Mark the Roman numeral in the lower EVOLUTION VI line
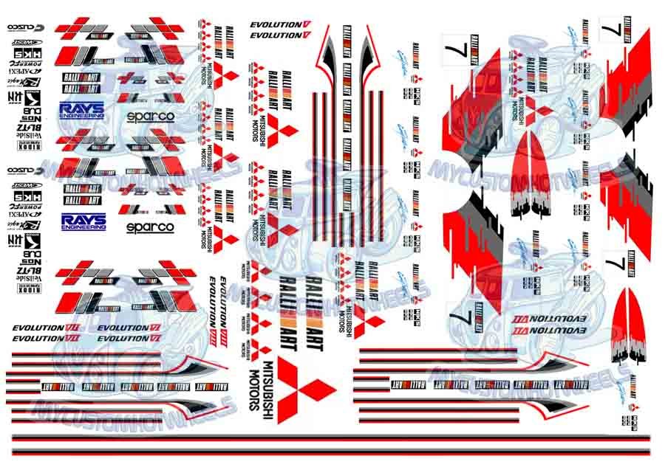click(x=155, y=338)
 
